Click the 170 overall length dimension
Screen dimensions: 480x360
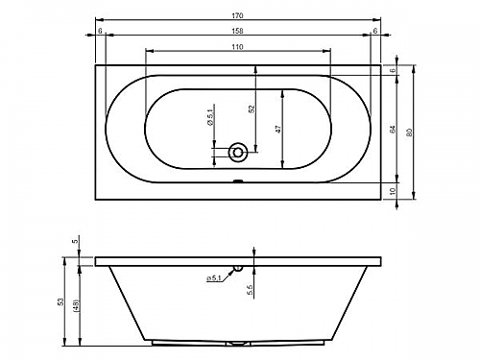[x=238, y=15]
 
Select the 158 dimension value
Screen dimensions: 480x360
[x=238, y=31]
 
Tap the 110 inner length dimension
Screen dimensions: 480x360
[x=237, y=47]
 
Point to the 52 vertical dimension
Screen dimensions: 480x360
[x=252, y=108]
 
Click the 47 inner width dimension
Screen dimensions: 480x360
[x=278, y=129]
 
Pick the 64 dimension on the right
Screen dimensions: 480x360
[x=393, y=129]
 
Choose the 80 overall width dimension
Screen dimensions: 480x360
[x=409, y=132]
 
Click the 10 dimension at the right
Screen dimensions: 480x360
[x=394, y=192]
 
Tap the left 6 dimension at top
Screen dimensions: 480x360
[x=100, y=31]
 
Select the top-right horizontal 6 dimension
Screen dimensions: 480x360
[x=375, y=31]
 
